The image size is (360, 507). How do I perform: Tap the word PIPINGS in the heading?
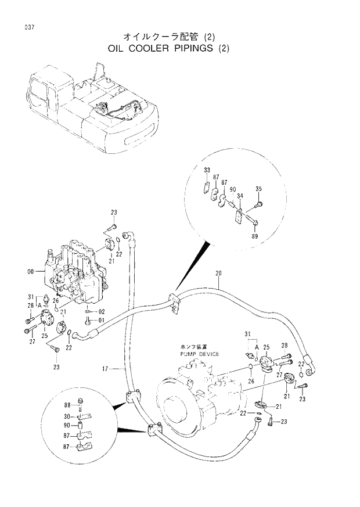coord(194,48)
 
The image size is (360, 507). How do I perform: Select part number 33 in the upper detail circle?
coord(207,170)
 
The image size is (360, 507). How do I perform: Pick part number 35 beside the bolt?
coord(260,188)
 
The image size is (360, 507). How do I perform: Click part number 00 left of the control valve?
coord(39,270)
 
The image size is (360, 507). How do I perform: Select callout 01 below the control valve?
coord(101,320)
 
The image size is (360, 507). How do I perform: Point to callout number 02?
coord(101,312)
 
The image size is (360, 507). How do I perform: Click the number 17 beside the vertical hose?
coord(105,368)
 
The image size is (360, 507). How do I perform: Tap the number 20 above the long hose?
coord(218,273)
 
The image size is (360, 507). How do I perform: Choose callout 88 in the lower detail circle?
coord(67,404)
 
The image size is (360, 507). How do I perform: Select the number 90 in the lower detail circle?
coord(67,426)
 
